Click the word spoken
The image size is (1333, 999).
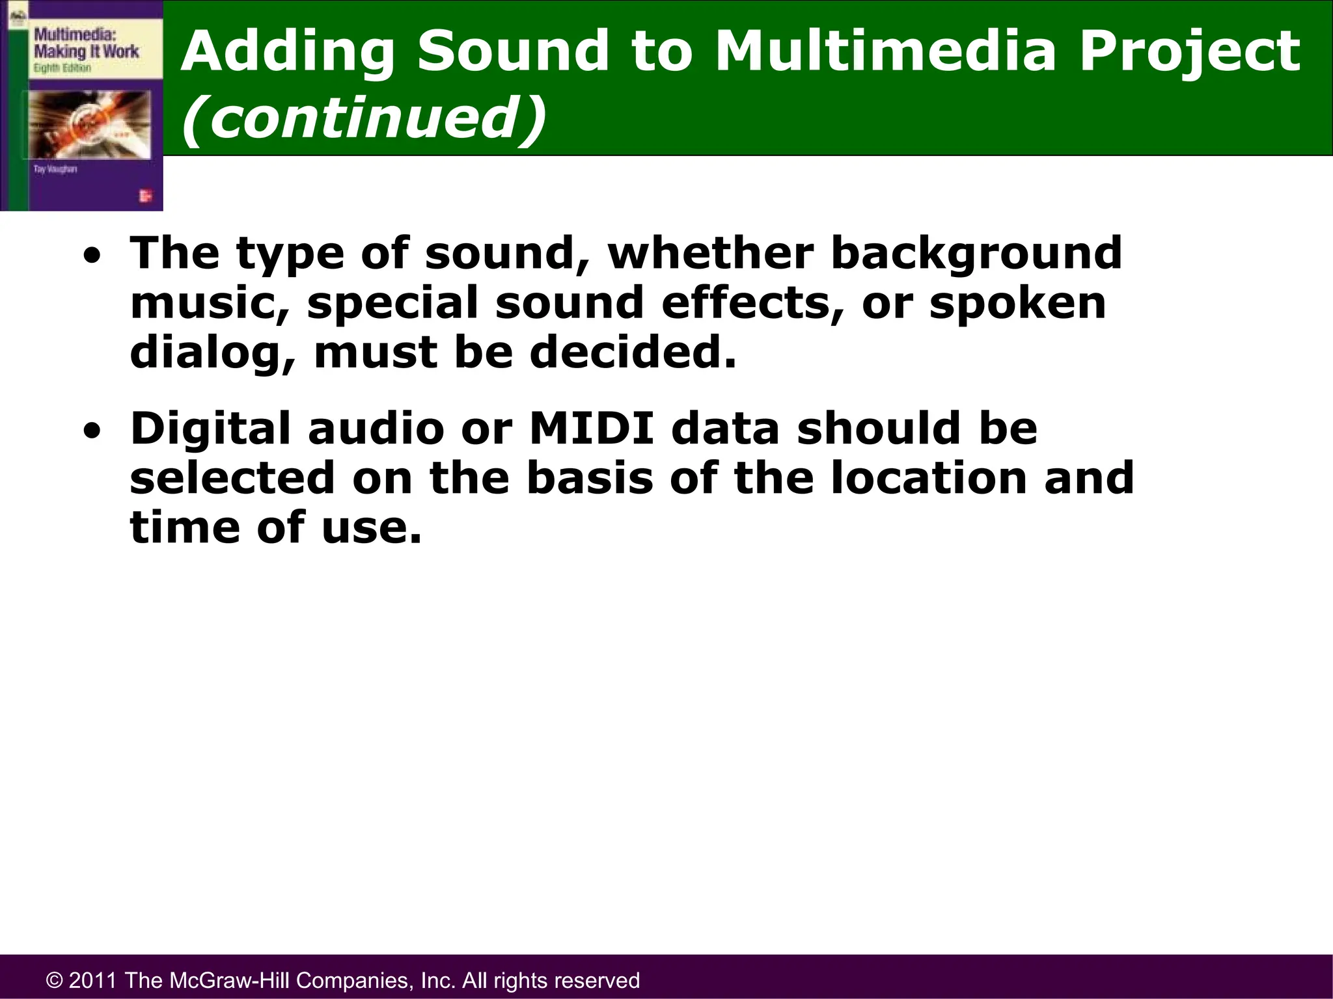[1017, 302]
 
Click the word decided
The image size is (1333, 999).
[632, 353]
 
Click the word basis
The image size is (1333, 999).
[589, 478]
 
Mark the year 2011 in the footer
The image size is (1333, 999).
[94, 981]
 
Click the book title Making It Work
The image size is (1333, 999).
[86, 51]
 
